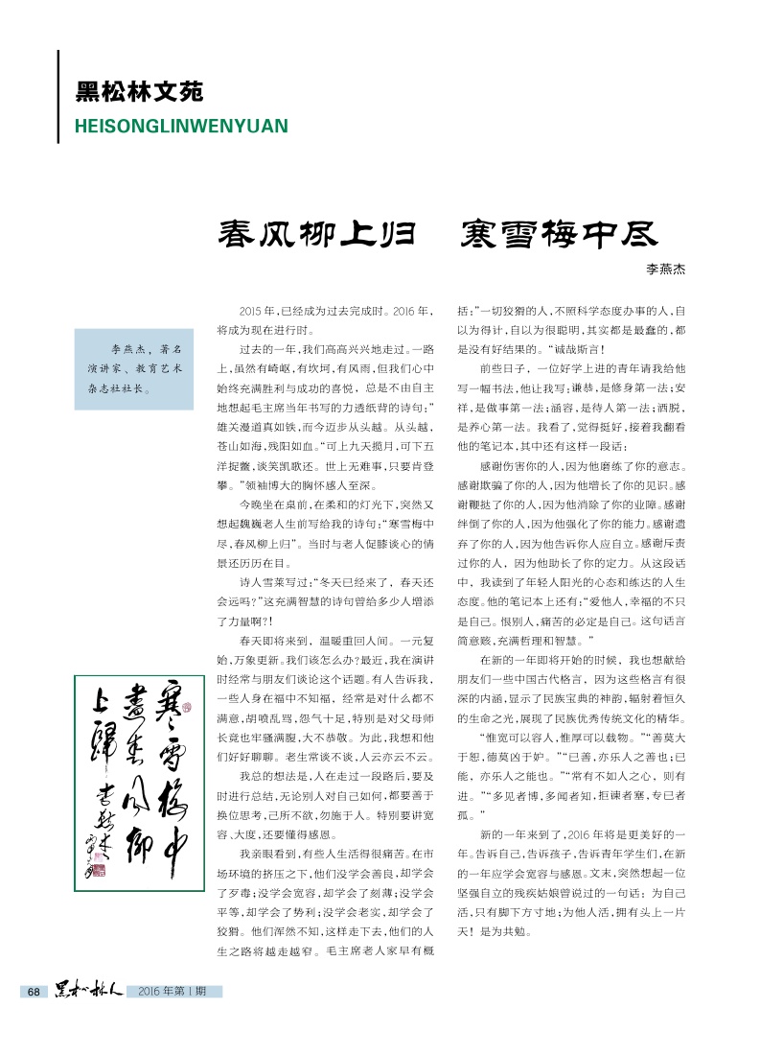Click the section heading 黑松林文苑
point(139,94)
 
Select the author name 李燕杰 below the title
point(666,271)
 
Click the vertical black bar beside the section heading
point(58,96)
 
